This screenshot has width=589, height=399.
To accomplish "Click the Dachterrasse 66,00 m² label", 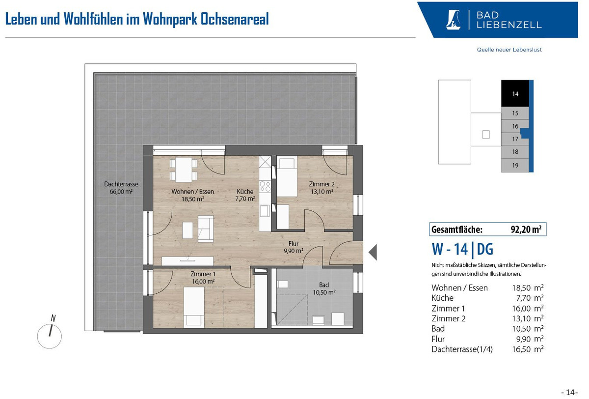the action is (x=121, y=188).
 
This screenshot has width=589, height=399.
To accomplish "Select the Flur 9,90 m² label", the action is (x=294, y=247).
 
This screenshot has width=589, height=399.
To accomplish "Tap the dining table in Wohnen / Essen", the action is (x=184, y=170).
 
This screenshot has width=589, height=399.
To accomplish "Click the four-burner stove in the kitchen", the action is (x=265, y=186).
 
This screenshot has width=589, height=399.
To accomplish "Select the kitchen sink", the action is (x=265, y=211).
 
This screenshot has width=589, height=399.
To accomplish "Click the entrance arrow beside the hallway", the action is (x=373, y=252).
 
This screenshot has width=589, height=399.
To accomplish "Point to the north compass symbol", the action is (x=50, y=333).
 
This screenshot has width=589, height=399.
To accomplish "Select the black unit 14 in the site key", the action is (x=515, y=93).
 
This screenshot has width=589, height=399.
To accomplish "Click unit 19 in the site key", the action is (x=515, y=166).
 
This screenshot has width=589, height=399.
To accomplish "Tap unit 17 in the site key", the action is (x=515, y=139).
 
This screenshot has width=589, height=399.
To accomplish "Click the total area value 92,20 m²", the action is (x=526, y=229).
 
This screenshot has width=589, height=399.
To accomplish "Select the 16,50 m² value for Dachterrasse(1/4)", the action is (x=528, y=349).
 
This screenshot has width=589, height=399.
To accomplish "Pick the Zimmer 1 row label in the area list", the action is (x=448, y=309).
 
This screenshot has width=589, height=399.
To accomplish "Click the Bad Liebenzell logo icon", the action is (x=454, y=20).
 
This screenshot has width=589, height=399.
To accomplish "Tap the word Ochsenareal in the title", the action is (x=235, y=19).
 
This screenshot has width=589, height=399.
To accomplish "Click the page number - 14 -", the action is (x=569, y=393).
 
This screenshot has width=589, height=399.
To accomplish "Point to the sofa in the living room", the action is (x=206, y=228).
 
